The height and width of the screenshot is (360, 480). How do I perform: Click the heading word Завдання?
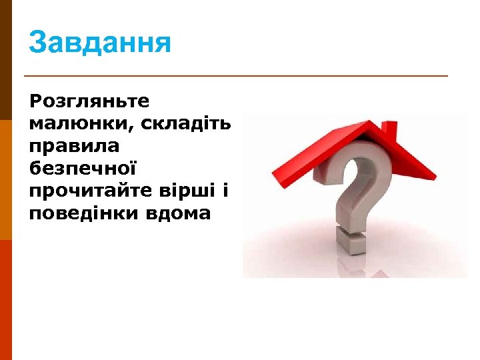pos(100,43)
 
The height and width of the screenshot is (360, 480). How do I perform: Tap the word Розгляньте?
pos(89,101)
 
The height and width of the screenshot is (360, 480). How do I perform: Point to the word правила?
pos(74,145)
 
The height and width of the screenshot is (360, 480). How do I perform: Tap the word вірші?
pos(192,191)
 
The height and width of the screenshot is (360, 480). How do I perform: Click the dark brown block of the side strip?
pos(6,60)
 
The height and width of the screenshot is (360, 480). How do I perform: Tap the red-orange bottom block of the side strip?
pos(6,300)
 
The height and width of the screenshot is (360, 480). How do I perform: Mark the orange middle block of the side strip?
pos(6,180)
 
